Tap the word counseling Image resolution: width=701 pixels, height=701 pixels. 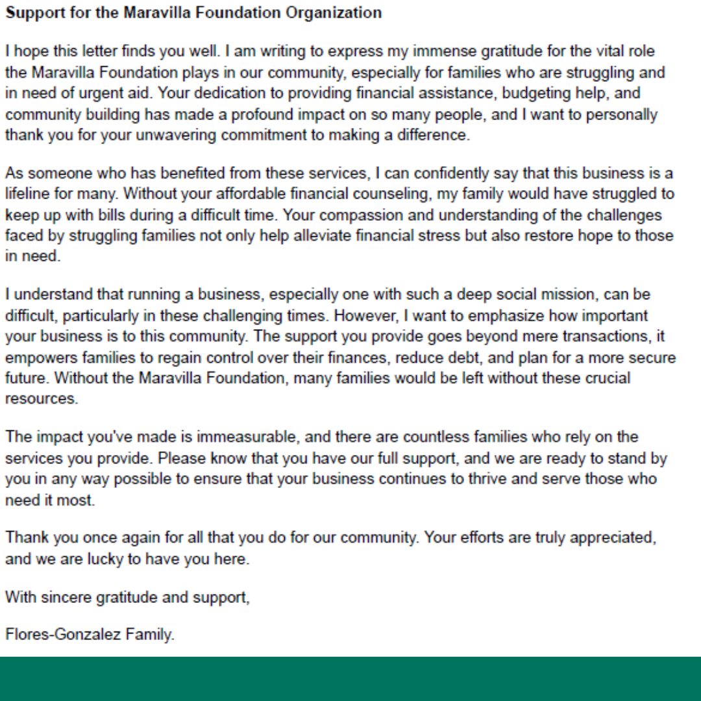pos(393,194)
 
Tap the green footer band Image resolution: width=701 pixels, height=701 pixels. pos(350,679)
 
